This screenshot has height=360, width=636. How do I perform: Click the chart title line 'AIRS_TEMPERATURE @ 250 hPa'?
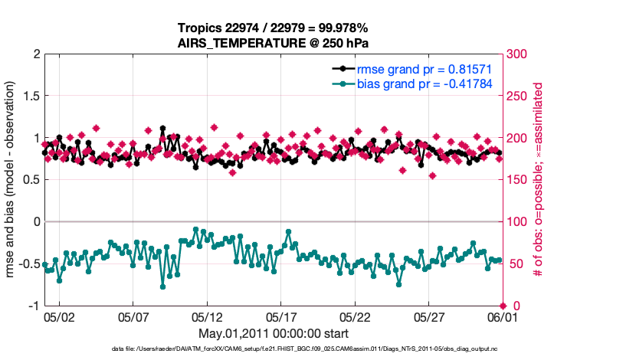274,43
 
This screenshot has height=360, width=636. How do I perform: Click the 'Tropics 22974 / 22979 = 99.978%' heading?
274,28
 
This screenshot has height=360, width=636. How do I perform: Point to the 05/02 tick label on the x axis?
59,317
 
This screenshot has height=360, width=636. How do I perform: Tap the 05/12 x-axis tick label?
207,317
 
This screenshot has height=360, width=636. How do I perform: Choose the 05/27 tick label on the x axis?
429,317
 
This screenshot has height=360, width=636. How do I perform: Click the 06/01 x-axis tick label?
503,317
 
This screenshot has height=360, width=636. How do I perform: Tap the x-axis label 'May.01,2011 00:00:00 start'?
274,334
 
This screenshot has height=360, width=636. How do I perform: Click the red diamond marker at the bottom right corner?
503,306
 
